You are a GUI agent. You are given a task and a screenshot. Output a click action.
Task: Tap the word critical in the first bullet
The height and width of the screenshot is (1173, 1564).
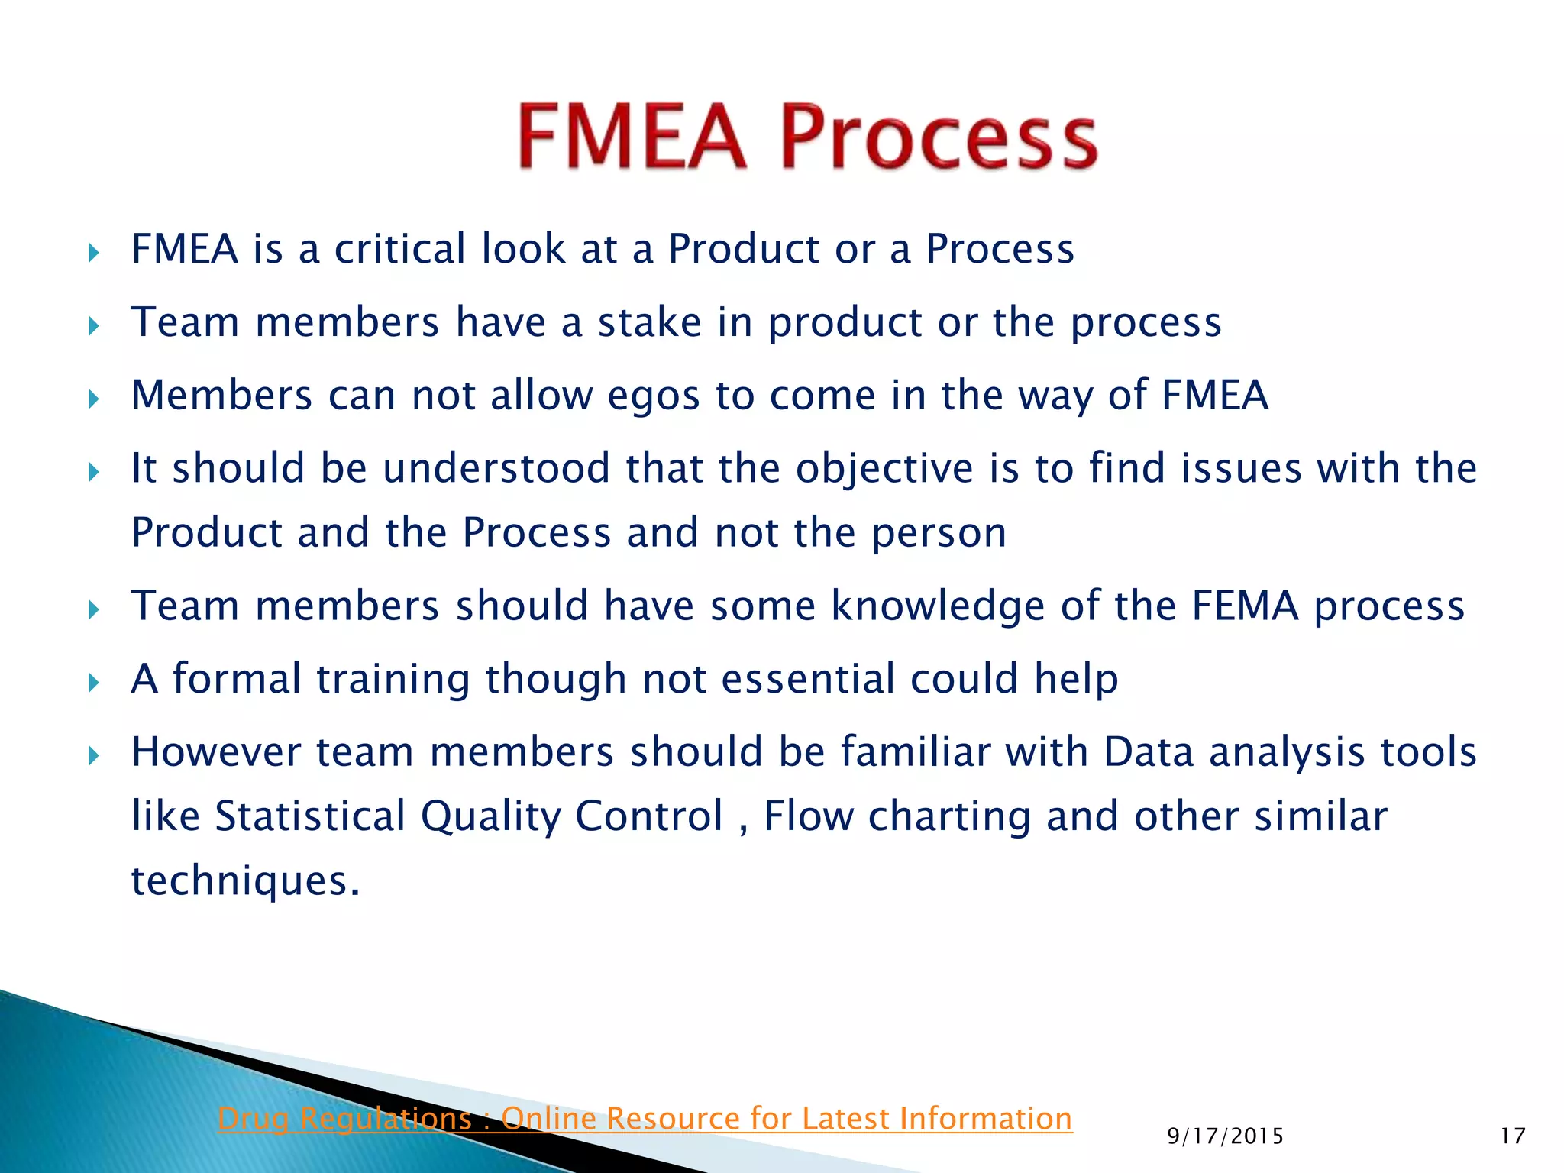tap(399, 249)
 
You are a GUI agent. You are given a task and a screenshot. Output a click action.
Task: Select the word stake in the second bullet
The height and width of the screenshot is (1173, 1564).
tap(649, 322)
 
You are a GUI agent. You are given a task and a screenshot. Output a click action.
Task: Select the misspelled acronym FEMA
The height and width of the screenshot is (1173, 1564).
tap(1245, 606)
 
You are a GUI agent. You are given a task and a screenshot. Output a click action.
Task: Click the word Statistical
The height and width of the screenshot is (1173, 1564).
tap(310, 816)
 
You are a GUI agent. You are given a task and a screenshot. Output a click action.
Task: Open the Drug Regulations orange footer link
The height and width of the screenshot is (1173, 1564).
tap(645, 1119)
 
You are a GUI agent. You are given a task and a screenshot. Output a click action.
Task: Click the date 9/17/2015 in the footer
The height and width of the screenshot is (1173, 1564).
tap(1225, 1136)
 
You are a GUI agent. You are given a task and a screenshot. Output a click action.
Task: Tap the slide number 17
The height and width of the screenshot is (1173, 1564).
tap(1512, 1136)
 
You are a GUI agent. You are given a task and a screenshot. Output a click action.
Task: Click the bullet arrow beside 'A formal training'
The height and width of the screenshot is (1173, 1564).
tap(93, 682)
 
